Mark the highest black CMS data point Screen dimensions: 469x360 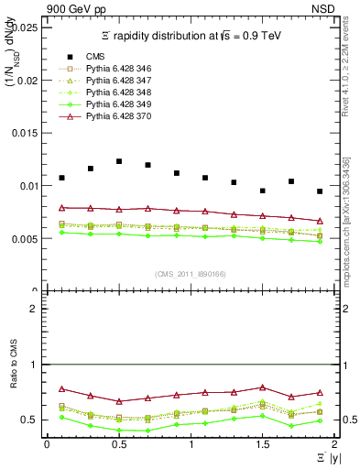119,161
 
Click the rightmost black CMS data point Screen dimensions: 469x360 319,191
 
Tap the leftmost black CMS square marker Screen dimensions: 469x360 61,178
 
